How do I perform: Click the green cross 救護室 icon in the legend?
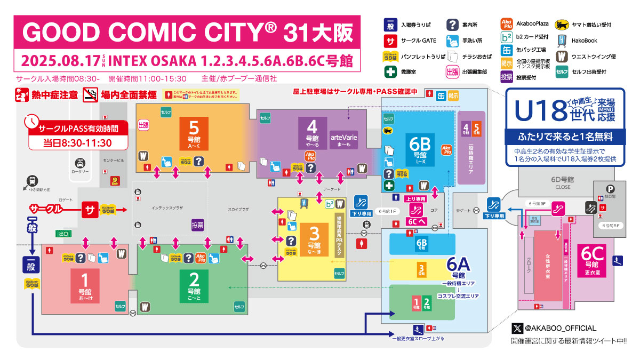(389, 71)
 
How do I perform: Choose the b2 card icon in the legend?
(507, 38)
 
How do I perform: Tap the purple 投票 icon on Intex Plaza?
(197, 225)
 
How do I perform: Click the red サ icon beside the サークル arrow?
(89, 210)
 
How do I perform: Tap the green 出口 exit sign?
(63, 233)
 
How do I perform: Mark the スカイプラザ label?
(238, 210)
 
